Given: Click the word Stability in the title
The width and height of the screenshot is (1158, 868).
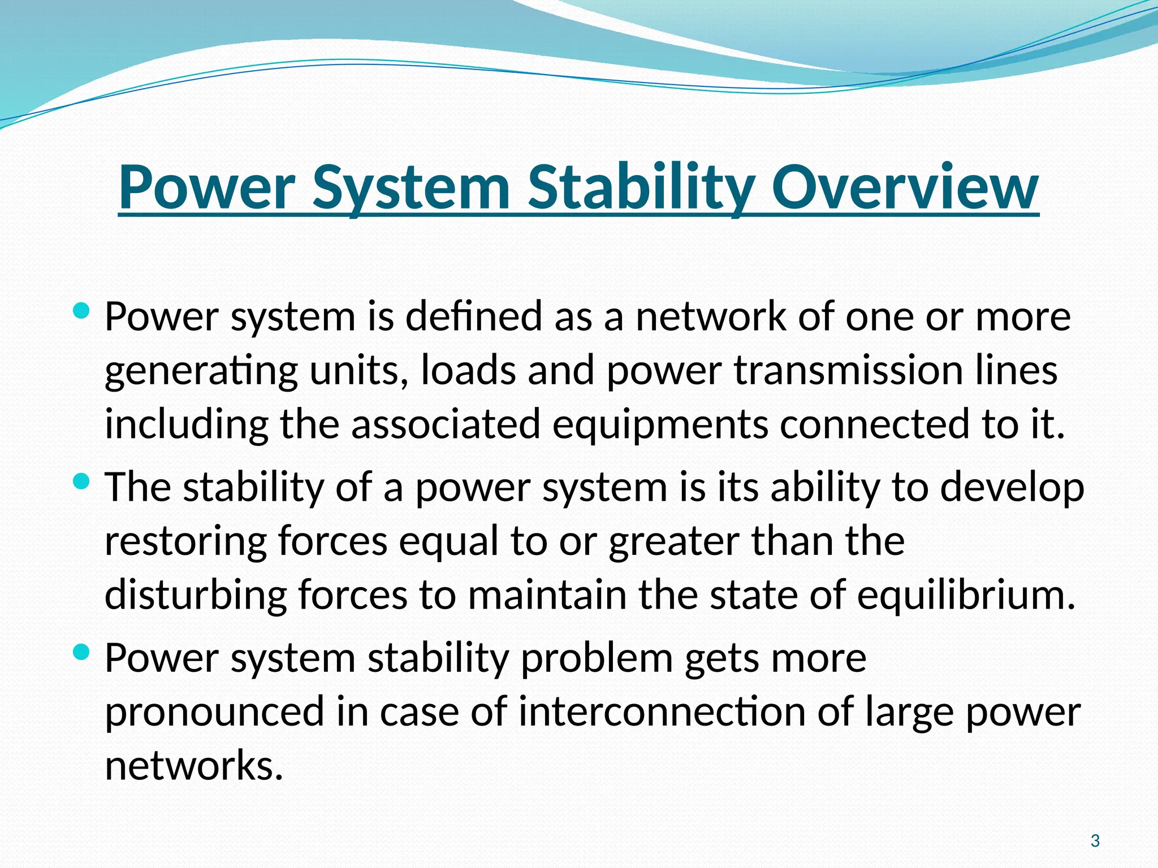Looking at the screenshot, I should pyautogui.click(x=641, y=188).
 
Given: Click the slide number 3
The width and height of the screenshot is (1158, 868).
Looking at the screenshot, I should pyautogui.click(x=1095, y=841).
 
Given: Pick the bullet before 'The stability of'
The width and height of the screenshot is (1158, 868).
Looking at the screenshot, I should pyautogui.click(x=81, y=481).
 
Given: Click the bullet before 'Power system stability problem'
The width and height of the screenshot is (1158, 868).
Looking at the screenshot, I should pyautogui.click(x=81, y=653).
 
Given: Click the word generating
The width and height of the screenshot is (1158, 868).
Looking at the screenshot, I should pyautogui.click(x=201, y=372).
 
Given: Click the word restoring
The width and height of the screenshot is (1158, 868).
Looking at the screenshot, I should pyautogui.click(x=185, y=541).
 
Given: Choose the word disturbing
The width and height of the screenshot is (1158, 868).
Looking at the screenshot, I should pyautogui.click(x=196, y=595).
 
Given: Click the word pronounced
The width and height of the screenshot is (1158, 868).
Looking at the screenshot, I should pyautogui.click(x=215, y=712).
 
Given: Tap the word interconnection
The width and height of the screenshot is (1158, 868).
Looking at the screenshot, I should pyautogui.click(x=662, y=712).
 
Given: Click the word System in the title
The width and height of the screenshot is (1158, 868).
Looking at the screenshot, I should pyautogui.click(x=411, y=188).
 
